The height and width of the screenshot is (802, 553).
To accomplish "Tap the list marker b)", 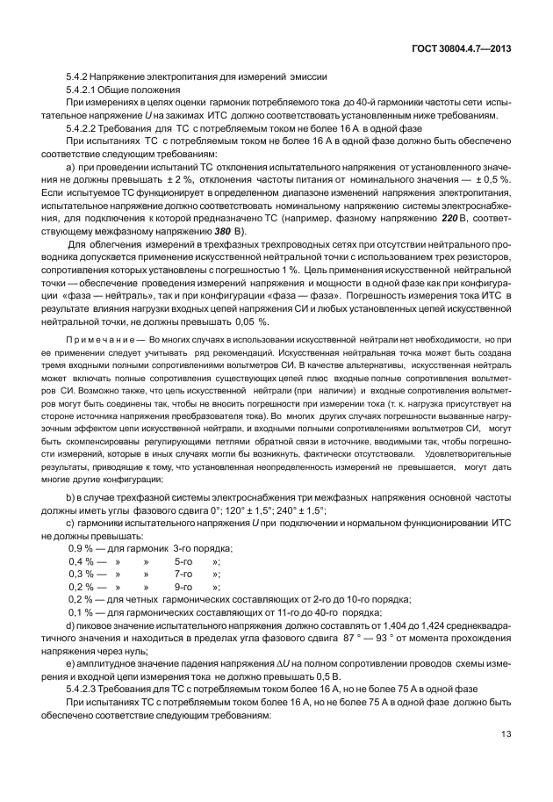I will (72, 499).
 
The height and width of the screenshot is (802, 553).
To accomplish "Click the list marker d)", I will (72, 625).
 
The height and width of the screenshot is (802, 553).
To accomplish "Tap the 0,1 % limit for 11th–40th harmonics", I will (81, 612).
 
